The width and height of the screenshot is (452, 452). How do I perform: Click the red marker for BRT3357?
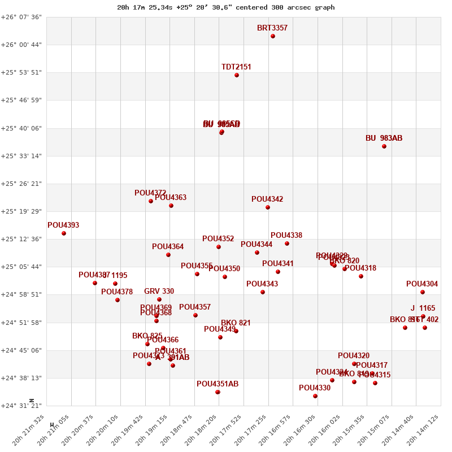(x=273, y=36)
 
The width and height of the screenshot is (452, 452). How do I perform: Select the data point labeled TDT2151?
(x=237, y=75)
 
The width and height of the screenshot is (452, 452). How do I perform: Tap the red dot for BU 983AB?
(x=384, y=146)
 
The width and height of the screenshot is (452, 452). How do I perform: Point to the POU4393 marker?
(x=64, y=233)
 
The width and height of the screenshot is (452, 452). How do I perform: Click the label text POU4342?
(x=267, y=199)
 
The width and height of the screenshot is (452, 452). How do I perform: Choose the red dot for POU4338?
(x=287, y=244)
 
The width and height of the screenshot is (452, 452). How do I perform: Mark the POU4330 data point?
(x=315, y=396)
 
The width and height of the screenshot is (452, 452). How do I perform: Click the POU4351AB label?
(x=218, y=384)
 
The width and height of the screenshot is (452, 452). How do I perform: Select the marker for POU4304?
(x=423, y=292)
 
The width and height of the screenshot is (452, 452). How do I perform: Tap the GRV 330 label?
(x=159, y=292)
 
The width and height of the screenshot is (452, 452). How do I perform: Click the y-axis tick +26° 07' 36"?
(x=21, y=17)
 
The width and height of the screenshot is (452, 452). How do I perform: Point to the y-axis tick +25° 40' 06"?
(x=21, y=128)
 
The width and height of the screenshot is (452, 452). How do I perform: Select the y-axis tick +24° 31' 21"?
(x=21, y=406)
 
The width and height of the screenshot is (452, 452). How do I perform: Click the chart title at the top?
(x=226, y=7)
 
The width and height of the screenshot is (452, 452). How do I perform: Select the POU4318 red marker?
(x=361, y=276)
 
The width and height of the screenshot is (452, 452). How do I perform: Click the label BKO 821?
(x=236, y=323)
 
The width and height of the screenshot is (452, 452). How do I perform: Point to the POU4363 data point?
(x=171, y=206)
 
